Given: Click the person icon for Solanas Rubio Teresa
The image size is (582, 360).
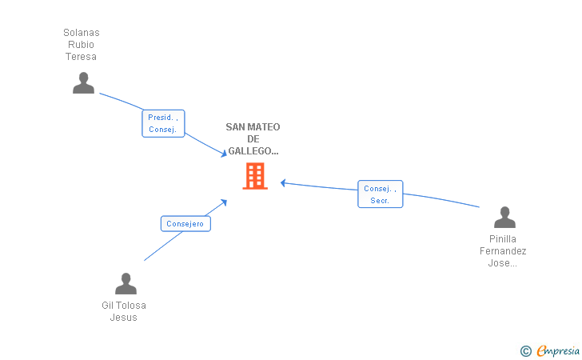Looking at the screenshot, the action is coord(83,83).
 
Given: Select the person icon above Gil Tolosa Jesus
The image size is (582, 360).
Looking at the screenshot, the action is coord(126,283).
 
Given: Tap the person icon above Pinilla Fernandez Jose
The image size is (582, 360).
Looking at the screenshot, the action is coord(504,217).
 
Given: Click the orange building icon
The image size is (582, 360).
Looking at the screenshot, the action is coord(255,176).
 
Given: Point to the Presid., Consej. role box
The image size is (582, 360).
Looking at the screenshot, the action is coord(163,123).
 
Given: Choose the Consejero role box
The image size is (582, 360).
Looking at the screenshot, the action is coord(185,224).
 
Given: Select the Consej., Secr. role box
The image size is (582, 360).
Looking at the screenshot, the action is coord(381,194).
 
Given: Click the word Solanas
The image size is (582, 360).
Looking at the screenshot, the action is coord(82,33).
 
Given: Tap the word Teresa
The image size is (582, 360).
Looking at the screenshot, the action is coord(81,57).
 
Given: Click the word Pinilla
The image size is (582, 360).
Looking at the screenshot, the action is coord(503,239).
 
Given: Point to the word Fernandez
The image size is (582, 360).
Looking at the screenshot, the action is coord(503,251).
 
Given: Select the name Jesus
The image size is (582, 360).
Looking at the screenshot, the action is coord(124,318).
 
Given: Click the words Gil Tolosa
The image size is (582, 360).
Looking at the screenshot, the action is coord(124,306).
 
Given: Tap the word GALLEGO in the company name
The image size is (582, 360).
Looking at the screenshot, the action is coord(250,151).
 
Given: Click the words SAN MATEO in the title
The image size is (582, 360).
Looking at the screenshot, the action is coord(253,127).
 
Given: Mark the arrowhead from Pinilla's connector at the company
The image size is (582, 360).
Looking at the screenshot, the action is coord(283,182).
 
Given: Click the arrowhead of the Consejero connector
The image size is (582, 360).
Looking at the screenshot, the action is coord(224,202).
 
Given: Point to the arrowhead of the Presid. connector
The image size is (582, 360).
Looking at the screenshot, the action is coord(224,153).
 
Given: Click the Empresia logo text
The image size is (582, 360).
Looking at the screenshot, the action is coord(558,350).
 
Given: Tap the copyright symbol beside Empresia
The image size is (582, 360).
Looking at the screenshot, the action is coord(526,351).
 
